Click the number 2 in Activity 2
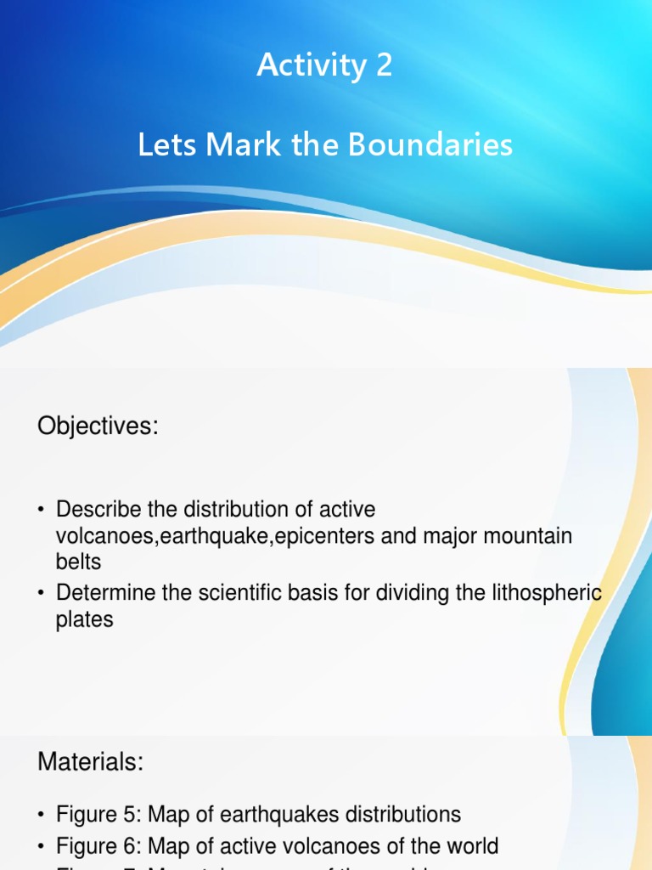tap(383, 65)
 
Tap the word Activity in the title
tap(311, 65)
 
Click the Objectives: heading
tap(98, 427)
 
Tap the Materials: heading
tap(91, 762)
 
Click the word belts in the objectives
tap(78, 562)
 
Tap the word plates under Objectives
tap(84, 619)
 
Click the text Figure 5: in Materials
tap(99, 815)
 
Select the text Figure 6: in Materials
tap(99, 846)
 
